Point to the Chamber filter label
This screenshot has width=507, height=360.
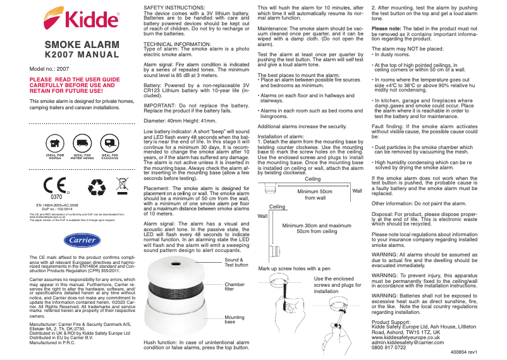point(235,287)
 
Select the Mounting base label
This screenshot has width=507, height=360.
point(235,320)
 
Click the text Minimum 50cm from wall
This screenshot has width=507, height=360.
point(315,195)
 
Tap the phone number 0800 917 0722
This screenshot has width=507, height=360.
point(389,348)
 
